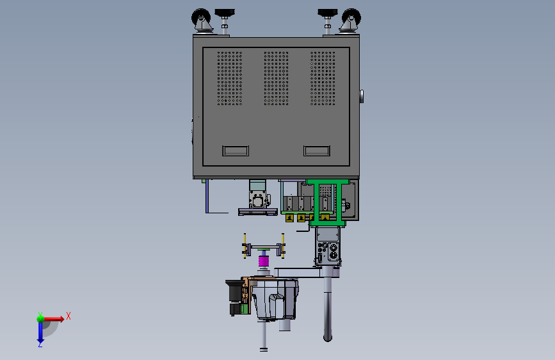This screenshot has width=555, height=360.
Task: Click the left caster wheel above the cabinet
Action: (201, 18)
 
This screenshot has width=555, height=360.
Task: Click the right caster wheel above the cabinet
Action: (351, 18)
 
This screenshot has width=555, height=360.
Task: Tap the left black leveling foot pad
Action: (225, 13)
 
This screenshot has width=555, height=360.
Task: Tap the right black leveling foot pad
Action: (327, 13)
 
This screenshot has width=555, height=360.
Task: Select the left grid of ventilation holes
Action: (230, 78)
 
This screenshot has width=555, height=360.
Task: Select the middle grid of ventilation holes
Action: (276, 78)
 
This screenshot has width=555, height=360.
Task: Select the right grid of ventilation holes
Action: (323, 78)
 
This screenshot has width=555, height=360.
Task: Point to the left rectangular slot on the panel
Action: (236, 151)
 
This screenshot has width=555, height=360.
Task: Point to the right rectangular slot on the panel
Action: (317, 151)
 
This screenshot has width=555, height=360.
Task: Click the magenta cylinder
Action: (264, 261)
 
